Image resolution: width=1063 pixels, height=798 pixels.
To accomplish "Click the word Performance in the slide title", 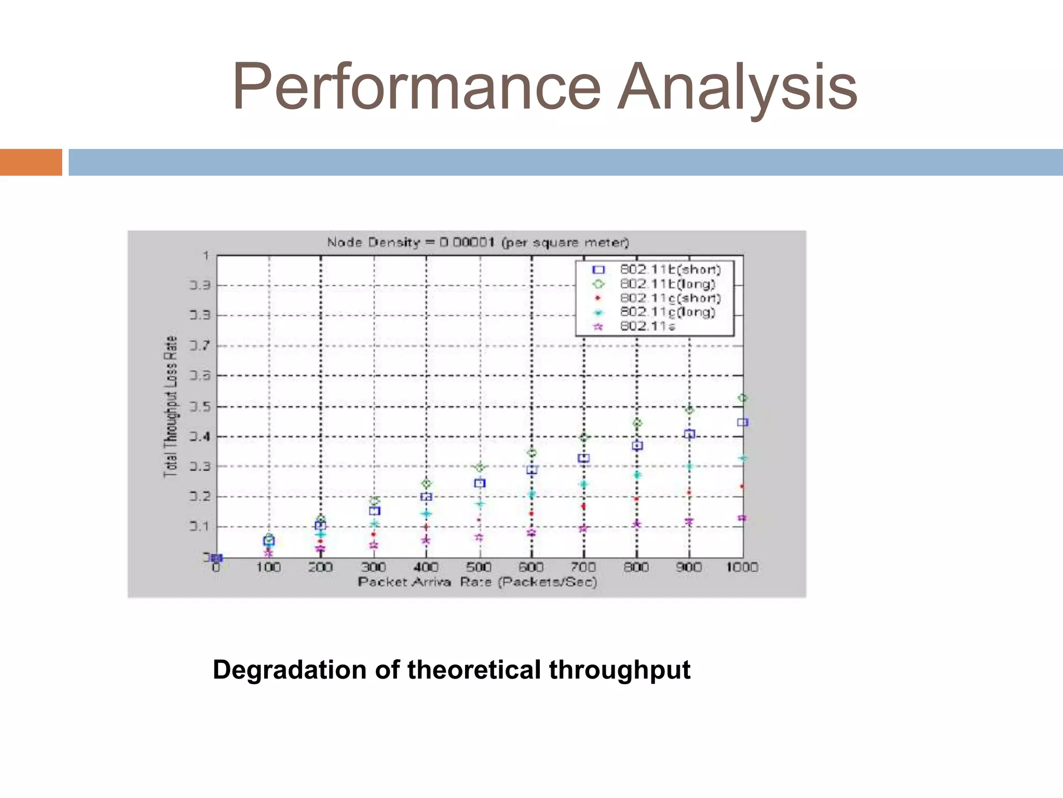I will click(x=416, y=87).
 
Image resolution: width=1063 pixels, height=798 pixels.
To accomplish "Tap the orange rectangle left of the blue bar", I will click(x=31, y=162).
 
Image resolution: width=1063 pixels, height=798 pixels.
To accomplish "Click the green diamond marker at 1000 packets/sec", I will click(x=742, y=398).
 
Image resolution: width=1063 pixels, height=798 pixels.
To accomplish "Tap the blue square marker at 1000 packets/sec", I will click(x=742, y=422).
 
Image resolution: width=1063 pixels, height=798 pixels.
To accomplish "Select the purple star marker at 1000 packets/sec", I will click(x=742, y=518).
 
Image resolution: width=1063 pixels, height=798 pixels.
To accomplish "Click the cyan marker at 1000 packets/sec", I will click(x=742, y=458).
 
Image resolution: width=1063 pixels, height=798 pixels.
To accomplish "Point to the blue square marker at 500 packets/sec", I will click(x=480, y=483).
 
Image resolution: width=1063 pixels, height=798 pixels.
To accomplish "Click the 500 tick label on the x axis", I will click(x=479, y=567).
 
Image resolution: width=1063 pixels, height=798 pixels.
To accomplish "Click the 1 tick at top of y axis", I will click(x=206, y=256).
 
